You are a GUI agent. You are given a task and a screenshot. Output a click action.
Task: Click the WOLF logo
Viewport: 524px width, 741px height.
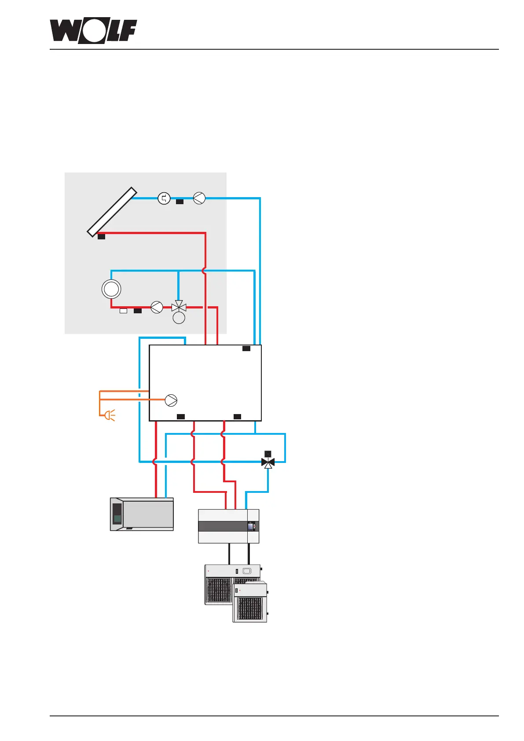pyautogui.click(x=93, y=31)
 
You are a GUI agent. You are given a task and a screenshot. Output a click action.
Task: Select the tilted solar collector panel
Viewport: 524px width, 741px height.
pyautogui.click(x=112, y=212)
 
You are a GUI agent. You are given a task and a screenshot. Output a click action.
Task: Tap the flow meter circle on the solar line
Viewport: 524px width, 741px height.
pyautogui.click(x=164, y=198)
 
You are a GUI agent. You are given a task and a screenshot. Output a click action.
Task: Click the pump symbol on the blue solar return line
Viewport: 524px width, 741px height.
pyautogui.click(x=199, y=198)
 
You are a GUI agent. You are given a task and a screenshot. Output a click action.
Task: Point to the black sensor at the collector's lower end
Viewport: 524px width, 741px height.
pyautogui.click(x=101, y=237)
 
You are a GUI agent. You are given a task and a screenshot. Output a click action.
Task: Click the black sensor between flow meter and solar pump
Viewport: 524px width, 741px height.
pyautogui.click(x=180, y=202)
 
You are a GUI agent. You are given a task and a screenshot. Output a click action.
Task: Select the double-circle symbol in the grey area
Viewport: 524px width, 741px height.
pyautogui.click(x=111, y=289)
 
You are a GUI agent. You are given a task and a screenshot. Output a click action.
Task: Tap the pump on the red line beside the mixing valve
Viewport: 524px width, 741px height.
pyautogui.click(x=157, y=307)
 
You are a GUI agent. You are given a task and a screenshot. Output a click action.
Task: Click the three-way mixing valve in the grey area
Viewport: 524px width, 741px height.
pyautogui.click(x=179, y=307)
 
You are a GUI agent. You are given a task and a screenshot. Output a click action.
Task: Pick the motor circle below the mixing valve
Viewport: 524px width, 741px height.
pyautogui.click(x=179, y=318)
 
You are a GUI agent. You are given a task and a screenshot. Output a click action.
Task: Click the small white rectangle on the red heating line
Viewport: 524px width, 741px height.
pyautogui.click(x=124, y=311)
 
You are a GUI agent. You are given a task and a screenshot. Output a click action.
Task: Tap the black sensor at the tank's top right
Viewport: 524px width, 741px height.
pyautogui.click(x=246, y=348)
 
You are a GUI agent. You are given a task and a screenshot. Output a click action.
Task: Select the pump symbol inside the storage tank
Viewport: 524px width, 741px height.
pyautogui.click(x=171, y=400)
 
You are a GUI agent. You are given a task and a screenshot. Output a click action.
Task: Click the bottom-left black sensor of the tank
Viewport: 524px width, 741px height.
pyautogui.click(x=180, y=416)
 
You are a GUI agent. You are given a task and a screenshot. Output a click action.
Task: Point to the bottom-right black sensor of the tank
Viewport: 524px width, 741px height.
pyautogui.click(x=237, y=416)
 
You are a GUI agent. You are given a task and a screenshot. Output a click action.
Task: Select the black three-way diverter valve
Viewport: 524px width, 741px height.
pyautogui.click(x=268, y=462)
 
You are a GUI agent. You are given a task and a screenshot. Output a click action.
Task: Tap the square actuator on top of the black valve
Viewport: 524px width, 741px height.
pyautogui.click(x=268, y=454)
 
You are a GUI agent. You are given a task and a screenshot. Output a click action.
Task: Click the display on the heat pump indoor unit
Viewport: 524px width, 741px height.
pyautogui.click(x=252, y=526)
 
